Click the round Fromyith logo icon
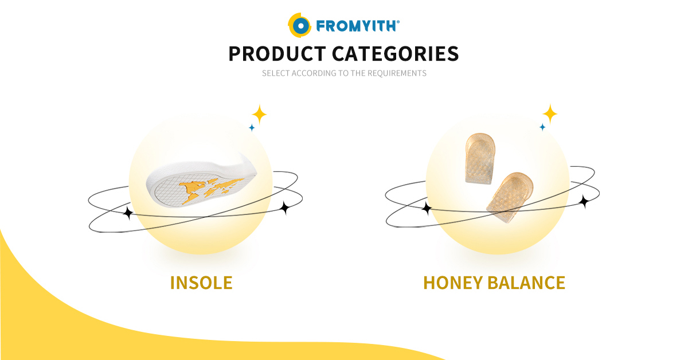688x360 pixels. click(x=299, y=25)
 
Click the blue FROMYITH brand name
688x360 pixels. click(x=358, y=26)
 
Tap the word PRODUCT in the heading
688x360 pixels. click(x=277, y=54)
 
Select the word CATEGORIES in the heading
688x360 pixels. click(x=395, y=54)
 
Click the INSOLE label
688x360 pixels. click(x=201, y=283)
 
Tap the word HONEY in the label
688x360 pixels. click(x=453, y=283)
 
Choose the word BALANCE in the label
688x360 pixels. click(x=526, y=283)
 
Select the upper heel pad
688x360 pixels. click(x=480, y=158)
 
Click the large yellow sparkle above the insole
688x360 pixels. click(x=259, y=115)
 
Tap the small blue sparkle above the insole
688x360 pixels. click(x=252, y=127)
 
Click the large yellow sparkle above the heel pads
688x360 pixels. click(x=550, y=114)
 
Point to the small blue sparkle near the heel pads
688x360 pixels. click(x=543, y=127)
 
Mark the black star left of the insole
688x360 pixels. click(x=128, y=213)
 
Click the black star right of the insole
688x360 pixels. click(x=285, y=208)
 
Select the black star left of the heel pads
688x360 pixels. click(x=427, y=208)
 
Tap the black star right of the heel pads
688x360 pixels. click(x=584, y=202)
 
